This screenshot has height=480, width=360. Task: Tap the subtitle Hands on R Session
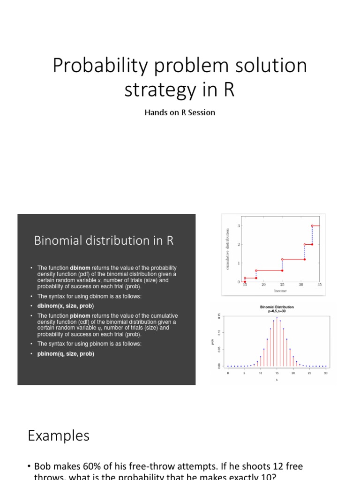180,112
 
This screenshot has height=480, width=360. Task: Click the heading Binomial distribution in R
104,240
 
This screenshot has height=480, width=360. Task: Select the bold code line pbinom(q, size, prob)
66,354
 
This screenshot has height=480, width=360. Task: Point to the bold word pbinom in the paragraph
81,316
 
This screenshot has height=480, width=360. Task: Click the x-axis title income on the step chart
280,291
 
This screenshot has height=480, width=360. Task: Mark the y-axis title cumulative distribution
227,249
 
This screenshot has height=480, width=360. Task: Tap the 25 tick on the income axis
282,285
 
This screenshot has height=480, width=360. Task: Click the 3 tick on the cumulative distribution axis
239,226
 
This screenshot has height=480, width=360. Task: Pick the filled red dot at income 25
282,270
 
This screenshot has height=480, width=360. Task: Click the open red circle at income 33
312,226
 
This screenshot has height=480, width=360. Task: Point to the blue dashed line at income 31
305,252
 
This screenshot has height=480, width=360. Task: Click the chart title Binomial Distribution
277,307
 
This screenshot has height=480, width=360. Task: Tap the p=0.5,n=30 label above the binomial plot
277,311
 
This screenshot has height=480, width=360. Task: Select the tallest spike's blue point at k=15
277,318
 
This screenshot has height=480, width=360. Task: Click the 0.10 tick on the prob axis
218,333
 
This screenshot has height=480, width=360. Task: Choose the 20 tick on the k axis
293,373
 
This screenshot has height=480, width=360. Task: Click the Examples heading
58,436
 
